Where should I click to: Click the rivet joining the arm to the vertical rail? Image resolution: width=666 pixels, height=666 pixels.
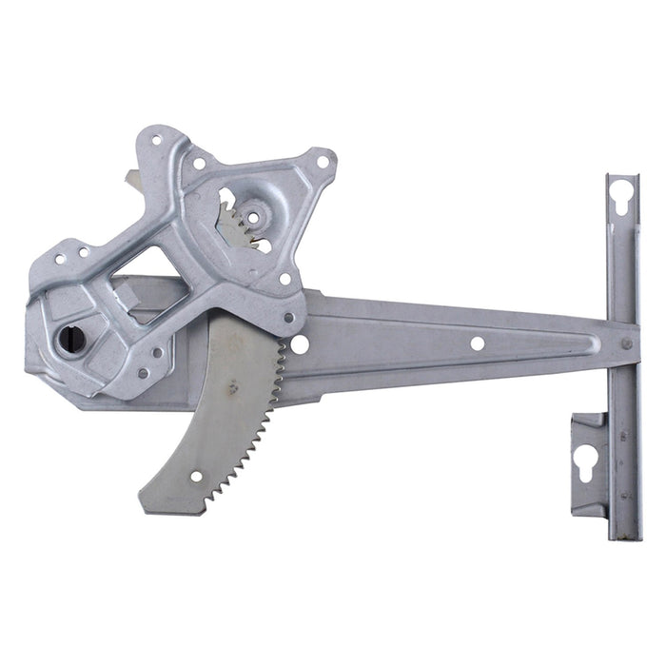[x=626, y=344]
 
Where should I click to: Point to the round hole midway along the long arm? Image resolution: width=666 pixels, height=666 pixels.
[x=477, y=343]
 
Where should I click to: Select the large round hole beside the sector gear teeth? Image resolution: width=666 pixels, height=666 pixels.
[x=300, y=344]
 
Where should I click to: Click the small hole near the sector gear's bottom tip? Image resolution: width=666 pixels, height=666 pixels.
[x=196, y=477]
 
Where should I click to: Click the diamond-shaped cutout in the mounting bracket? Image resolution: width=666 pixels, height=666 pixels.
[x=150, y=284]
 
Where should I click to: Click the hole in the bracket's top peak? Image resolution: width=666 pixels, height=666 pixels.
[x=155, y=141]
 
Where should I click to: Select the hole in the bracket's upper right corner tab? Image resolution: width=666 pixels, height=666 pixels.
[x=323, y=162]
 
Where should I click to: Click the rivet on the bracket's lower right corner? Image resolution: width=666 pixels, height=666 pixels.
[x=289, y=318]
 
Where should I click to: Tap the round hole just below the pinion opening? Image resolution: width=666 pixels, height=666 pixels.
[x=284, y=280]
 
